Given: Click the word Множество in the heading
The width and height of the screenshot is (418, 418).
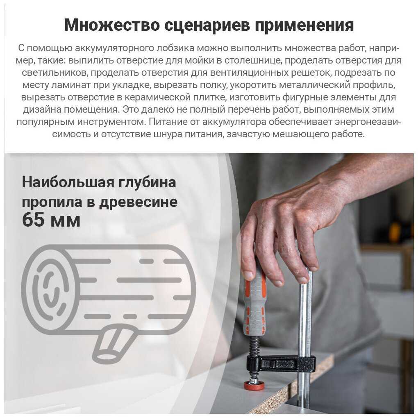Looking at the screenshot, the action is pyautogui.click(x=111, y=25).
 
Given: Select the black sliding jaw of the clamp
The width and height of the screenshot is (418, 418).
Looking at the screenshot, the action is pyautogui.click(x=280, y=363).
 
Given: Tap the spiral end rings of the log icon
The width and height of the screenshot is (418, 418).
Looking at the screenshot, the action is pyautogui.click(x=51, y=289).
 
